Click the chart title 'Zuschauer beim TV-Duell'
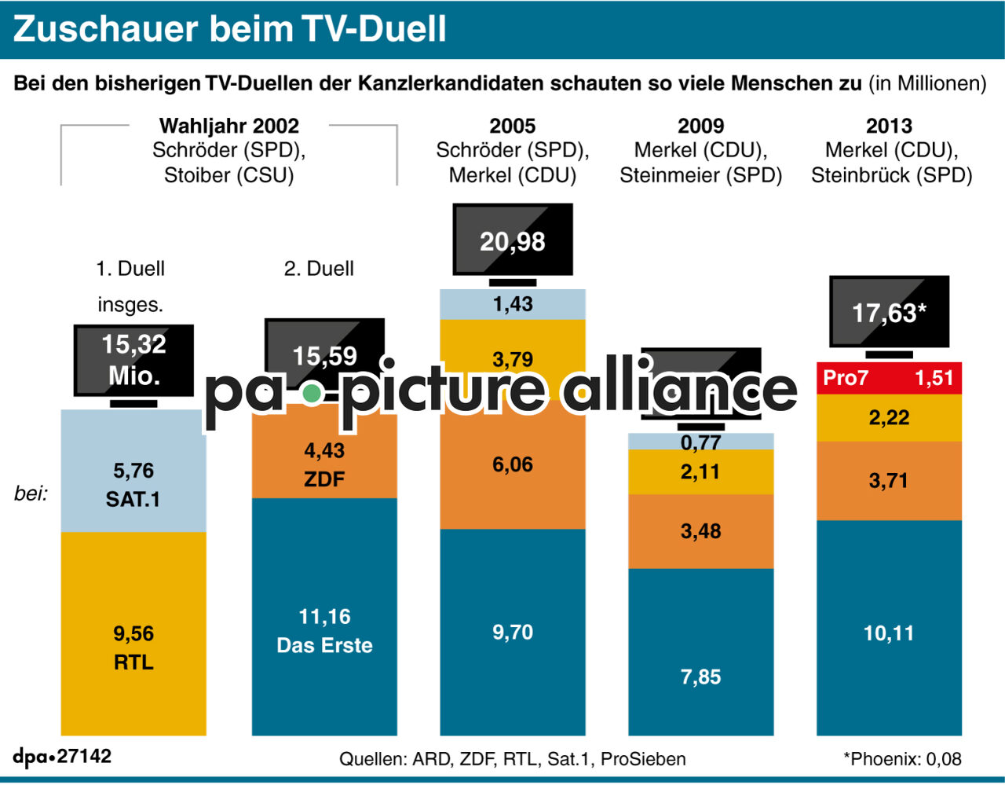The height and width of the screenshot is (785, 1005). pyautogui.click(x=229, y=29)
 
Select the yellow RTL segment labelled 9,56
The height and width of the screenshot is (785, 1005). pyautogui.click(x=133, y=633)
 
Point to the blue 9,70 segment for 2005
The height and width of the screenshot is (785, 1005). pyautogui.click(x=513, y=632)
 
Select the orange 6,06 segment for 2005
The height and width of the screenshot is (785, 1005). pyautogui.click(x=513, y=465)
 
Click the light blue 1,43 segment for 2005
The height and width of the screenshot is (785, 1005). pyautogui.click(x=513, y=304)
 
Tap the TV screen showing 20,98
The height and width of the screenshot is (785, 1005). pyautogui.click(x=513, y=240)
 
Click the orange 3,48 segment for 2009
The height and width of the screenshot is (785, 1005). pyautogui.click(x=700, y=531)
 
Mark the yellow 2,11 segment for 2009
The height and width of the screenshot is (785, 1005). pyautogui.click(x=700, y=471)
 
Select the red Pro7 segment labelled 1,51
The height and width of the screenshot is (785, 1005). pyautogui.click(x=889, y=378)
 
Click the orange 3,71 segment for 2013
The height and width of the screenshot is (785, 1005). pyautogui.click(x=889, y=481)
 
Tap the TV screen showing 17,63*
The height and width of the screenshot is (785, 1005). pyautogui.click(x=889, y=313)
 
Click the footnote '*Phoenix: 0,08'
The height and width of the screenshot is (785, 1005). pyautogui.click(x=902, y=759)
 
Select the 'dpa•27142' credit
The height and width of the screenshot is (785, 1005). pyautogui.click(x=62, y=757)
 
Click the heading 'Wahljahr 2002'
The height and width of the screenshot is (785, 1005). pyautogui.click(x=228, y=126)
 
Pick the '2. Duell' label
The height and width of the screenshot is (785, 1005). pyautogui.click(x=319, y=269)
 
